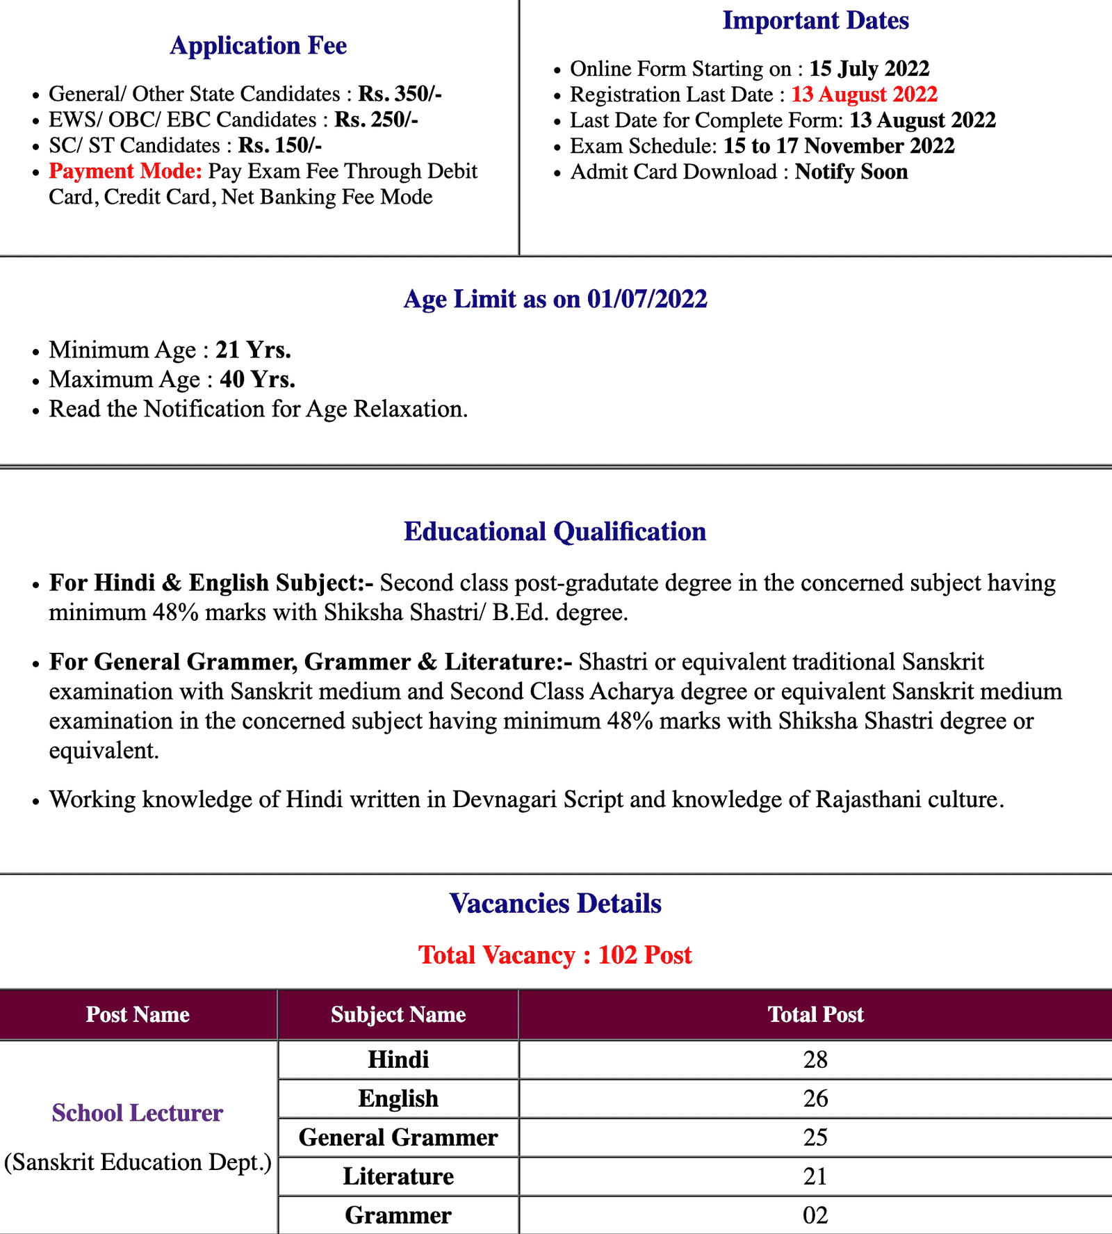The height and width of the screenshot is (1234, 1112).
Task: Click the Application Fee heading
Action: tap(259, 46)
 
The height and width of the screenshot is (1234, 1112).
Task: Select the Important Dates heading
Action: tap(815, 21)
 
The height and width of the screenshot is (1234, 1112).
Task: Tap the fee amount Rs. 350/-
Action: tap(400, 94)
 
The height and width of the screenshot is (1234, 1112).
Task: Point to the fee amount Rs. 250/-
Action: tap(376, 120)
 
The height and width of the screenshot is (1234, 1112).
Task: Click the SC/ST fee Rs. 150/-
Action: tap(280, 145)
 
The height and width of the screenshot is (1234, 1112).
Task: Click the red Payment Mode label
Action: tap(125, 171)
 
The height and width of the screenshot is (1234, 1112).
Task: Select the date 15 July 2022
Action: tap(869, 69)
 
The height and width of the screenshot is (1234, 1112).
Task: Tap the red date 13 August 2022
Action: tap(865, 95)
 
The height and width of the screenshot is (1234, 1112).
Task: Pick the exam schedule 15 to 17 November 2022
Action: tap(839, 146)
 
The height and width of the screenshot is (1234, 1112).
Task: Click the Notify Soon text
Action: tap(851, 172)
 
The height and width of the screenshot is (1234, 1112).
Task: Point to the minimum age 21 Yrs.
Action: tap(253, 350)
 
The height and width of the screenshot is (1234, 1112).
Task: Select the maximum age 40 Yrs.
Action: tap(257, 380)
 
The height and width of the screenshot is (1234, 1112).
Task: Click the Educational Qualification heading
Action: tap(555, 532)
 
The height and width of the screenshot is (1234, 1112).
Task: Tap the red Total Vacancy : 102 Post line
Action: tap(555, 955)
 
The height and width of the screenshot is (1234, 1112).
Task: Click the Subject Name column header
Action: tap(398, 1015)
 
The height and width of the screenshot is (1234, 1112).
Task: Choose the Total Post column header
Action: tap(815, 1015)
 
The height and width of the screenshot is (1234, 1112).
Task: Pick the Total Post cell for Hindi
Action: tap(815, 1060)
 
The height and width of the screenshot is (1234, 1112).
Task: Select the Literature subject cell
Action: tap(398, 1176)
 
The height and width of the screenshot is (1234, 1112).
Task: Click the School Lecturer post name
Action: tap(138, 1113)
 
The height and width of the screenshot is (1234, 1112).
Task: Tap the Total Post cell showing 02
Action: tap(815, 1215)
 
